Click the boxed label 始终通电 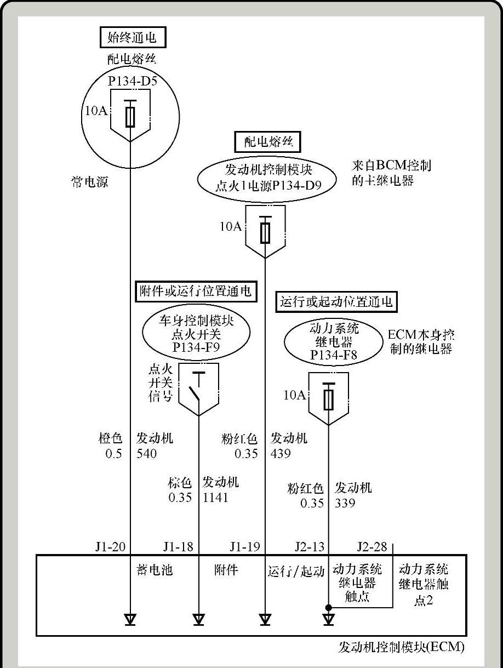[133, 37]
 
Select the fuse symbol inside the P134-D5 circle [130, 114]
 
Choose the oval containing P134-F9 [196, 334]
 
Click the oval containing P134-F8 [334, 342]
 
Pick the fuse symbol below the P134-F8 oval [329, 397]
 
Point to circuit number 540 [147, 453]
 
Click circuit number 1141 [215, 498]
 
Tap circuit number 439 [281, 453]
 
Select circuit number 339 [345, 503]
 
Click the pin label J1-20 [110, 546]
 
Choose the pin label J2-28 [372, 546]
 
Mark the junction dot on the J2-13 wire [329, 607]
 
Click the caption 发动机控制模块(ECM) [402, 647]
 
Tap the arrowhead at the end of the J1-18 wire [198, 619]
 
